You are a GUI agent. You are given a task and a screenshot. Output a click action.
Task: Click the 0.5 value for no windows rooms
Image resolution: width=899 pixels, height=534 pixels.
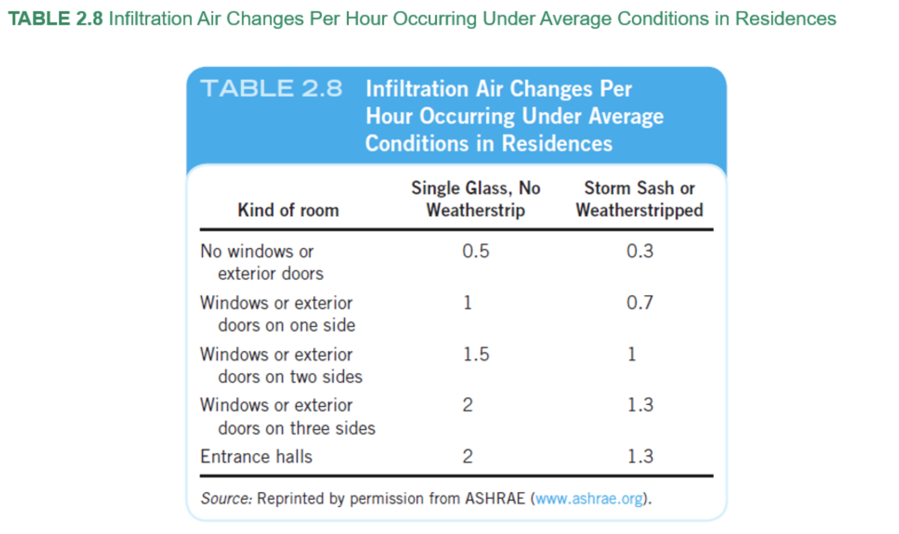point(476,251)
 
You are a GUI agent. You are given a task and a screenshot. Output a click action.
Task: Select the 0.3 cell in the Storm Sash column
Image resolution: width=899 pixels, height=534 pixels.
point(639,251)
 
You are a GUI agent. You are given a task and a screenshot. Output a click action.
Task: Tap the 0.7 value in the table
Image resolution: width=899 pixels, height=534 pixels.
point(639,303)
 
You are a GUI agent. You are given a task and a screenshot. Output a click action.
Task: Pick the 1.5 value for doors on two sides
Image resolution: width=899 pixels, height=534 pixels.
point(476,354)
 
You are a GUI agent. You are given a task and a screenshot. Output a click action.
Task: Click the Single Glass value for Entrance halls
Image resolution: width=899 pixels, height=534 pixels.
point(467,456)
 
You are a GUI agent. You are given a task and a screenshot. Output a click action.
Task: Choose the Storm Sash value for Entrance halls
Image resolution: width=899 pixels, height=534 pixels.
point(640,456)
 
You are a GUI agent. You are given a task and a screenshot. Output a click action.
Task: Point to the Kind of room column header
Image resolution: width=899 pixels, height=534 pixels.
point(288,210)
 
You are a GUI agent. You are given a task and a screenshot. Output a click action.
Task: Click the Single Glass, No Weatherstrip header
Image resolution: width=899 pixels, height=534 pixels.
point(476,199)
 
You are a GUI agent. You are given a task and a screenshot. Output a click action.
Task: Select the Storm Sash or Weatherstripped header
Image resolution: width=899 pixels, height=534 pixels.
point(639,199)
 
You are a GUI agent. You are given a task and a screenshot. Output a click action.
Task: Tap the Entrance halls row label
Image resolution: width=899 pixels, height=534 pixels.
point(256,456)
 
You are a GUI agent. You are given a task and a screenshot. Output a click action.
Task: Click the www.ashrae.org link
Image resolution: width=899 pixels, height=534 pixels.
point(589,499)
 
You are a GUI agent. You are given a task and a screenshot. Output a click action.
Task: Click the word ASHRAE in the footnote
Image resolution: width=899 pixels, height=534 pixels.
point(495,499)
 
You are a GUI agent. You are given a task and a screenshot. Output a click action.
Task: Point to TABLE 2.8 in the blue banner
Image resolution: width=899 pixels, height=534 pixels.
point(271,88)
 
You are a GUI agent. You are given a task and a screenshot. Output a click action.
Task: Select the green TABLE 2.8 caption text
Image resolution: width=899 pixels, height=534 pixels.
point(55,19)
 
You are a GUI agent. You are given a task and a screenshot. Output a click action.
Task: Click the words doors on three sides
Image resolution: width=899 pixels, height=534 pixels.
point(296,428)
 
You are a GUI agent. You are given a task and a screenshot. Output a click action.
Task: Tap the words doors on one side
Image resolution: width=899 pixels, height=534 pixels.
point(287,325)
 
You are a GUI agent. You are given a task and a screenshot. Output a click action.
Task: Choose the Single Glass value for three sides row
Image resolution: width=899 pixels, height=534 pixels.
point(467,405)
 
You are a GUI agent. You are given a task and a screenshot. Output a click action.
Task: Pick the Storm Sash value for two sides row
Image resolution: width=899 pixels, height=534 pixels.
point(632,354)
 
